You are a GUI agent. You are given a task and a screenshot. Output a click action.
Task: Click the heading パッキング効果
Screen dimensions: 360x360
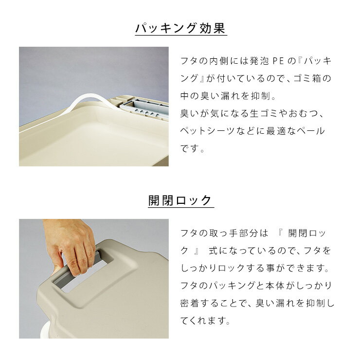[180, 28]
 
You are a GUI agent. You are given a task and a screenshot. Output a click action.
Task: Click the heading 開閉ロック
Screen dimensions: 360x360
[180, 200]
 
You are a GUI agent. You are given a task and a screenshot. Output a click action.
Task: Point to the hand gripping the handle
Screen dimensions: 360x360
[73, 248]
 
